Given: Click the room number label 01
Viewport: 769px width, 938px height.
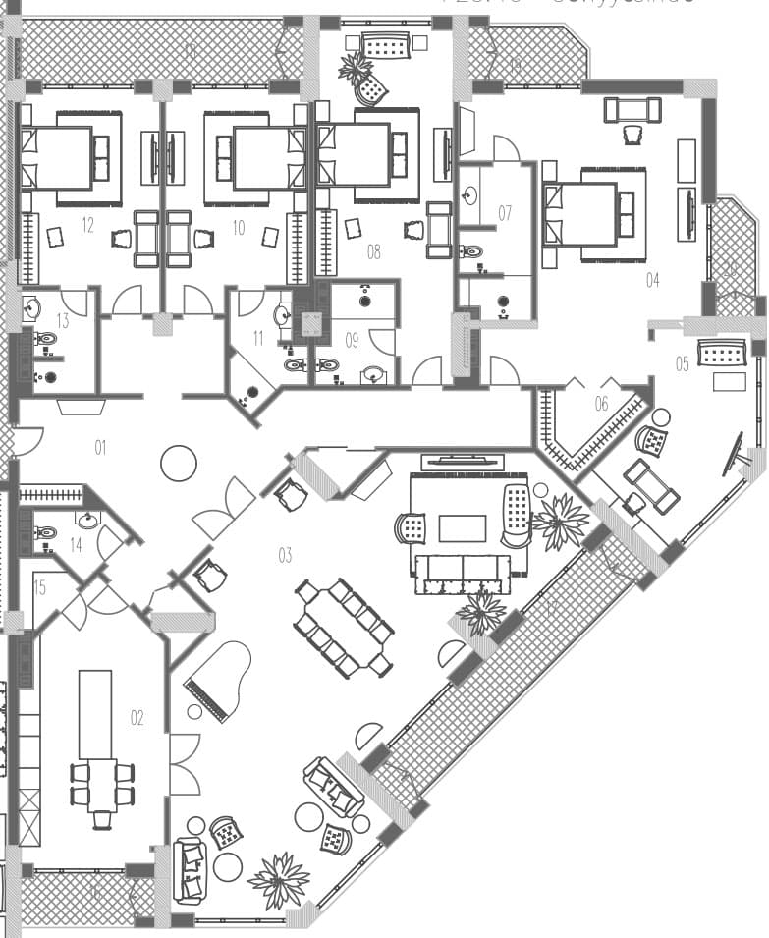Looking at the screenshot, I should tap(100, 448).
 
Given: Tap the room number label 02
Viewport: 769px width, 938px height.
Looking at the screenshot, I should tap(137, 718).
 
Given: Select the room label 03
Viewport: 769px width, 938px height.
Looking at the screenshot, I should tap(285, 556).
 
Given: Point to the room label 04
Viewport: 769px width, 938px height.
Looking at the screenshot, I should tap(653, 280).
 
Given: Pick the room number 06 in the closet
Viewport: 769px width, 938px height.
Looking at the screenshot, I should tap(602, 403).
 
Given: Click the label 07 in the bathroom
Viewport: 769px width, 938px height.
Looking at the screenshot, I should tap(505, 212).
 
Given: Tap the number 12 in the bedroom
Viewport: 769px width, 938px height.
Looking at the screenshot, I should tap(87, 226).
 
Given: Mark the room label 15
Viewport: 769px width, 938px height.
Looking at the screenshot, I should tap(40, 588).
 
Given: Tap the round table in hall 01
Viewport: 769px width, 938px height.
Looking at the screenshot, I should tap(179, 463).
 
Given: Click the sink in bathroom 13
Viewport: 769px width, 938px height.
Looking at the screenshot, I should tap(30, 307).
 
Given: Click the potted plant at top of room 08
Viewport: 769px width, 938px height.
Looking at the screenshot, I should tap(356, 67).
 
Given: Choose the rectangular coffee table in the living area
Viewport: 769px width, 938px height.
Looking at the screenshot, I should tap(462, 528).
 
